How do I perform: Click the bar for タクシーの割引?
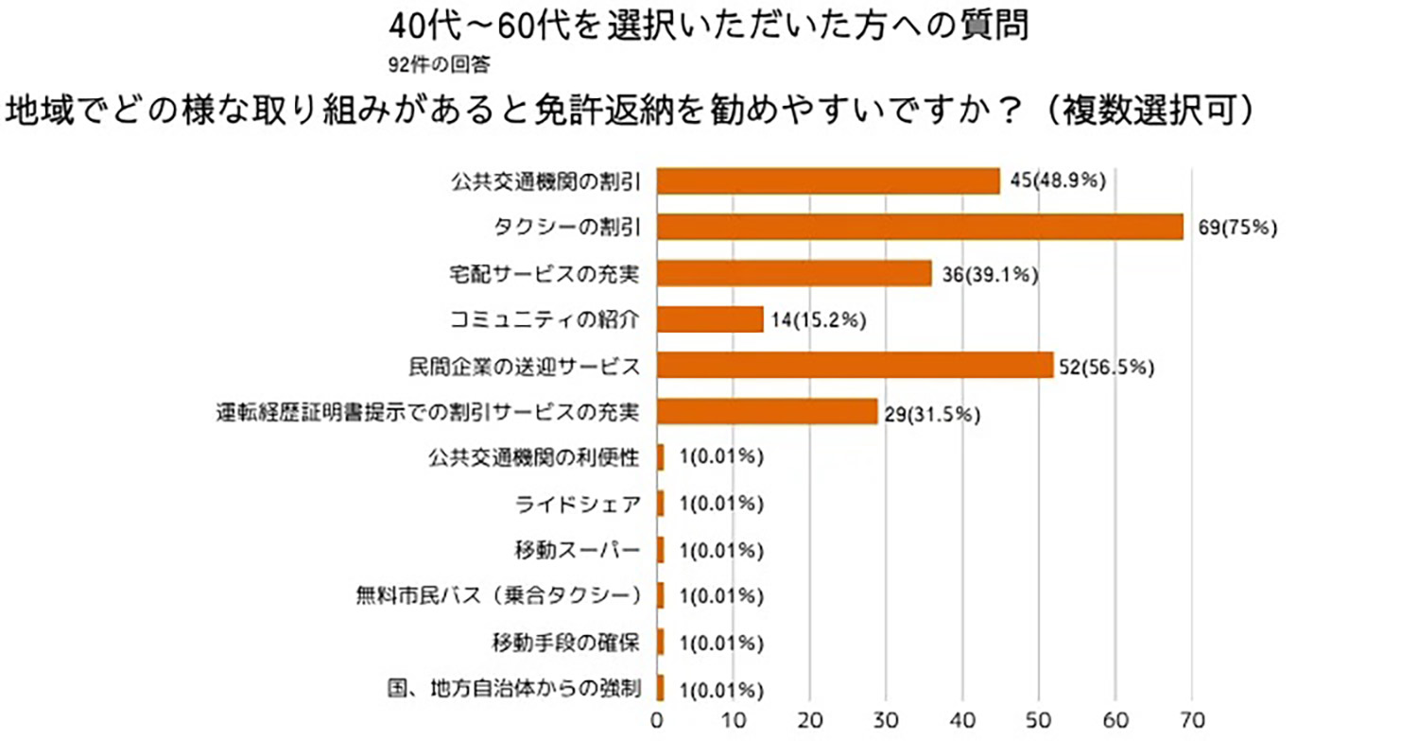pyautogui.click(x=919, y=227)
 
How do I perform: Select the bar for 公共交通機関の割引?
pyautogui.click(x=828, y=180)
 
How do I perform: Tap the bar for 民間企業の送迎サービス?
pyautogui.click(x=855, y=366)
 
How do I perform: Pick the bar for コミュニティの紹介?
pyautogui.click(x=710, y=319)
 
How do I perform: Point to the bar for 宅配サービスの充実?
pyautogui.click(x=794, y=273)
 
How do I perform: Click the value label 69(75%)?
pyautogui.click(x=1236, y=228)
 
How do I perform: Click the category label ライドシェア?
pyautogui.click(x=579, y=504)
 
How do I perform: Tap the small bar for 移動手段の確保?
pyautogui.click(x=660, y=643)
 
